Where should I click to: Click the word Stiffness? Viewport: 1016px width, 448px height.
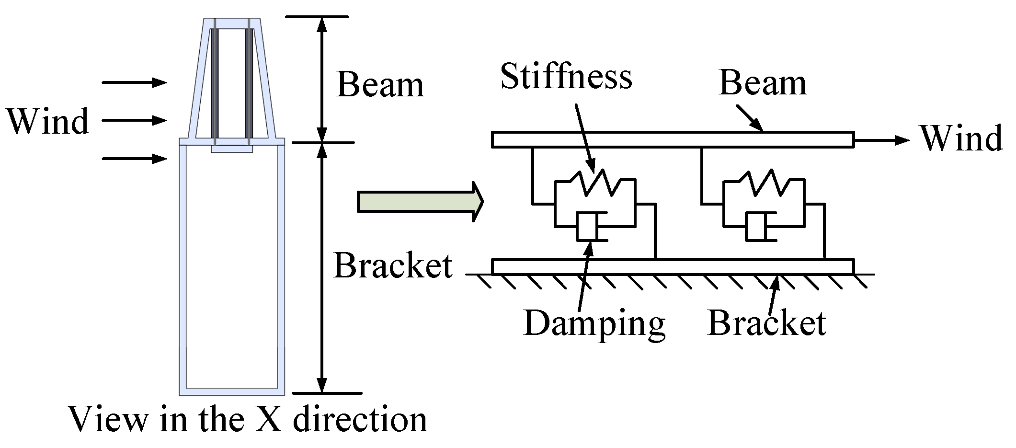pos(566,77)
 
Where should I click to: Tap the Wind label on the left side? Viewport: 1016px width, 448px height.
pos(48,122)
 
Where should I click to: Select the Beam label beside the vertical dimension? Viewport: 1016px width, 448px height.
pos(380,85)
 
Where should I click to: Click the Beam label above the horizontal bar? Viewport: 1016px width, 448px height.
pos(763,83)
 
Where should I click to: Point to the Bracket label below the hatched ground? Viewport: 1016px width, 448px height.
pos(766,323)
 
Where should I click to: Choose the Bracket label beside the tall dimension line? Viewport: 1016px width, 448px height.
pos(393,265)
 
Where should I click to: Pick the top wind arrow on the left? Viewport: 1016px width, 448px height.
pos(135,83)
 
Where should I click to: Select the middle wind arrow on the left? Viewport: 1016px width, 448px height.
pos(135,120)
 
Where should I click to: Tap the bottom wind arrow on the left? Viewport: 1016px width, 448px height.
pos(135,158)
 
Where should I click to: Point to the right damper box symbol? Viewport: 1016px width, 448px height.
pos(757,226)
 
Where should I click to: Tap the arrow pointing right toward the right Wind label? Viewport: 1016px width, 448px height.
pos(881,140)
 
